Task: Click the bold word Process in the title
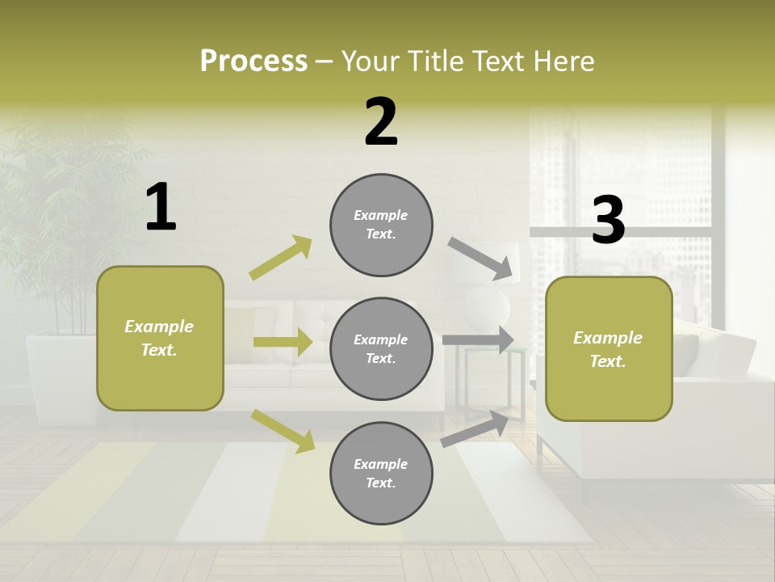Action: (x=253, y=61)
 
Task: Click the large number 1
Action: (x=161, y=208)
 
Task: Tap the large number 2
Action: (x=381, y=122)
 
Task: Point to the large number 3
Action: (x=608, y=221)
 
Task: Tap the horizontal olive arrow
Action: (x=283, y=342)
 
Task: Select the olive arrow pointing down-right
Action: (x=283, y=430)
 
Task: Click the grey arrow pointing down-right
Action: (x=481, y=259)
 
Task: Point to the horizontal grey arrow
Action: (x=478, y=339)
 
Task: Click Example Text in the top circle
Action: (x=381, y=225)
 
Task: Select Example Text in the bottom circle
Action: (x=381, y=474)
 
